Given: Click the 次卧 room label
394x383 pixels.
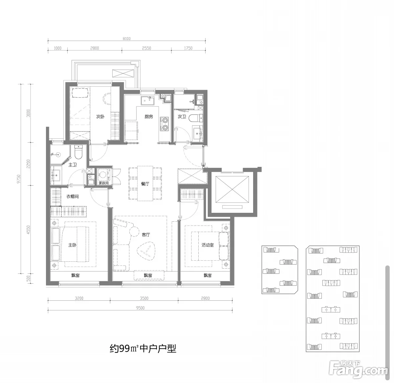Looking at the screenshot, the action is tap(100, 117).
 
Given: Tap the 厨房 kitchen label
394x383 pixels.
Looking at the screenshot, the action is tap(149, 117).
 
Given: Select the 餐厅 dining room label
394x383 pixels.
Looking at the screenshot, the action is tap(145, 184).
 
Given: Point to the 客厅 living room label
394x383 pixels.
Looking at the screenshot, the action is tap(146, 234).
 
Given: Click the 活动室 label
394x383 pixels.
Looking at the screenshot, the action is tap(208, 245).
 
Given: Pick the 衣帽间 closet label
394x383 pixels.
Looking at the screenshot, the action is tap(73, 196).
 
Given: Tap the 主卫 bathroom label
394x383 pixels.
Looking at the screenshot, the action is tap(73, 165).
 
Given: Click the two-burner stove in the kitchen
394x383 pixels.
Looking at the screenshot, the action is tap(165, 124).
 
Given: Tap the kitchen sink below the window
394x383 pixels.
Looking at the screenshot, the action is tap(148, 100).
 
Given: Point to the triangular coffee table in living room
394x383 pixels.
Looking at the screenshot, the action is tap(146, 251).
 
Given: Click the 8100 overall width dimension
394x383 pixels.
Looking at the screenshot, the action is tap(127, 39).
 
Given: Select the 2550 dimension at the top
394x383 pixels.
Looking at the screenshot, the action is tap(146, 48).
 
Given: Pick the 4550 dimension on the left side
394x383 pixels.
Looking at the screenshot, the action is tap(28, 230).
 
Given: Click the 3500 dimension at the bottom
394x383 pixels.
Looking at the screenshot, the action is tap(144, 298).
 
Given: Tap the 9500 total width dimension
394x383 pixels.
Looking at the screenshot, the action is tap(140, 308).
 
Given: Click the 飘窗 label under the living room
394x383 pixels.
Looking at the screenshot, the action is tap(148, 275).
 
